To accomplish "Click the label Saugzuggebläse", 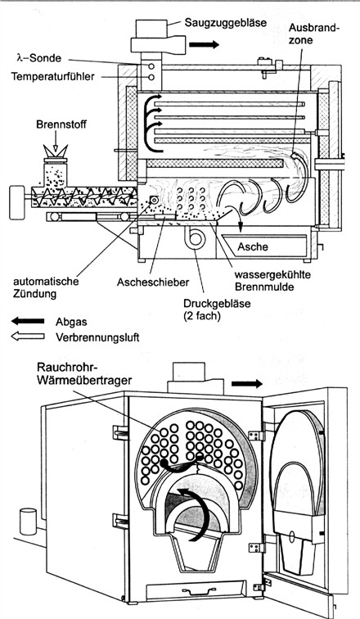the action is pyautogui.click(x=226, y=22).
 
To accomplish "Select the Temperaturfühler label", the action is pyautogui.click(x=53, y=76).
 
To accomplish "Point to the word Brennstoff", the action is pyautogui.click(x=61, y=124).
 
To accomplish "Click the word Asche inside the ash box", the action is pyautogui.click(x=253, y=246).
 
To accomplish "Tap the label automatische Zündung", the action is pyautogui.click(x=46, y=287).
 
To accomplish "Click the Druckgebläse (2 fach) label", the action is pyautogui.click(x=217, y=309).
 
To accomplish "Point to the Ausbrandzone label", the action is pyautogui.click(x=313, y=33).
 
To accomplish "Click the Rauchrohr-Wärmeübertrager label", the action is pyautogui.click(x=84, y=373).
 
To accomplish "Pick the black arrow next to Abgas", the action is pyautogui.click(x=28, y=321).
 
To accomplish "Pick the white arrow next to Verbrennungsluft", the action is pyautogui.click(x=28, y=337).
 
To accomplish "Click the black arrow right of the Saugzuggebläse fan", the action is pyautogui.click(x=204, y=44).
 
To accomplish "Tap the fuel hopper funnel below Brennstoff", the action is pyautogui.click(x=55, y=151).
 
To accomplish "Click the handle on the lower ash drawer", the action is pyautogui.click(x=196, y=590).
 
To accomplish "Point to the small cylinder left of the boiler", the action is pyautogui.click(x=28, y=521).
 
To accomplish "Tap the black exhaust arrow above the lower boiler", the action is pyautogui.click(x=247, y=383).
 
